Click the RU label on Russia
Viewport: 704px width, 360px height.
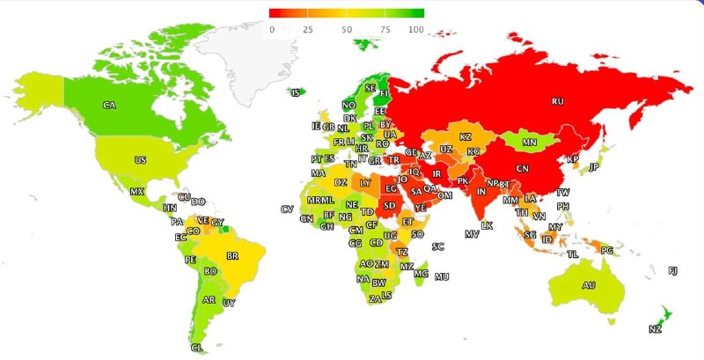tap(557, 101)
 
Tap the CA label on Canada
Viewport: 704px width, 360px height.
tap(109, 106)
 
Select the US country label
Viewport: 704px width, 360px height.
tap(140, 160)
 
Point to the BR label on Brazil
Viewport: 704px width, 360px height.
tap(233, 256)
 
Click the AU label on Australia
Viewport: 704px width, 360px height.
tap(589, 285)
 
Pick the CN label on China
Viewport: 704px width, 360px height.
tap(522, 168)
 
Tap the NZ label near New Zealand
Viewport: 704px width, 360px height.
tap(655, 329)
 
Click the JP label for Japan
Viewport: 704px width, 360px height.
tap(593, 167)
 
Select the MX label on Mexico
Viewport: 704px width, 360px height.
tap(136, 192)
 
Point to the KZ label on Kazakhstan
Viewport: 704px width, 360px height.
tap(466, 137)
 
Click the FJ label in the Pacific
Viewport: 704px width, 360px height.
tap(673, 270)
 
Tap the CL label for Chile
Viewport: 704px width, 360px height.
tap(196, 348)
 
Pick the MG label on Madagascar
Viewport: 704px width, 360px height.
tap(421, 274)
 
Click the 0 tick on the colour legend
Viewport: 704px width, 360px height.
tap(272, 29)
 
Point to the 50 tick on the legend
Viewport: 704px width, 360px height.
tap(347, 29)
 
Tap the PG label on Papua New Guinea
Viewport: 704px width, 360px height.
tap(606, 250)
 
